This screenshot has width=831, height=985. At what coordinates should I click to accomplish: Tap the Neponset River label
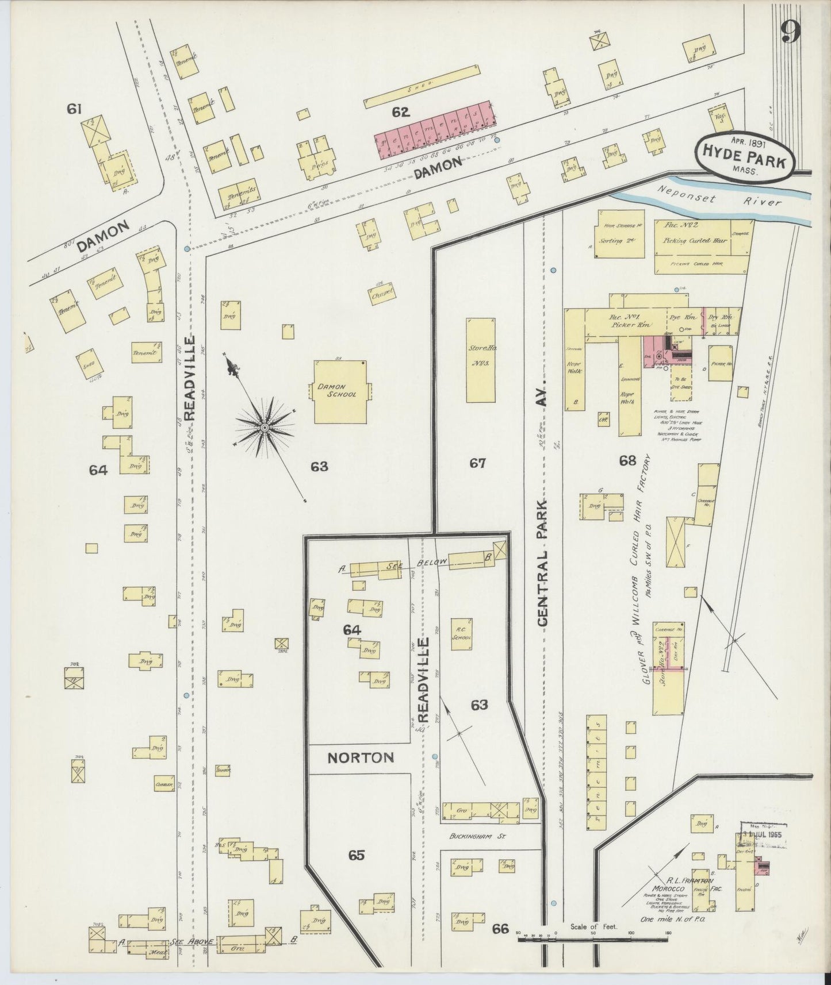pos(713,199)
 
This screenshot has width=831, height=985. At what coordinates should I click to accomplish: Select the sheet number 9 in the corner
pos(791,34)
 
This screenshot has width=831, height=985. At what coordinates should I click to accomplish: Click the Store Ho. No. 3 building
pos(480,359)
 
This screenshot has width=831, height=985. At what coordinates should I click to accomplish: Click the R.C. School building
pos(461,633)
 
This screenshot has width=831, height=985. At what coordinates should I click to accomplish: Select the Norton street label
pos(360,757)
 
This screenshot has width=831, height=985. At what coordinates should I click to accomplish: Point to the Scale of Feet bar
pos(592,940)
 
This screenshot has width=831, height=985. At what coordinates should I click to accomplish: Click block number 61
pos(74,108)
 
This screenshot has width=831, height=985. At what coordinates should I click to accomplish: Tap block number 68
pos(627,460)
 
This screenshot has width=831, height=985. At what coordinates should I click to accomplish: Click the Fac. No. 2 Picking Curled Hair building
pos(696,240)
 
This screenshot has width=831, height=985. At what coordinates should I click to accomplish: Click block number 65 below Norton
pos(357,855)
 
